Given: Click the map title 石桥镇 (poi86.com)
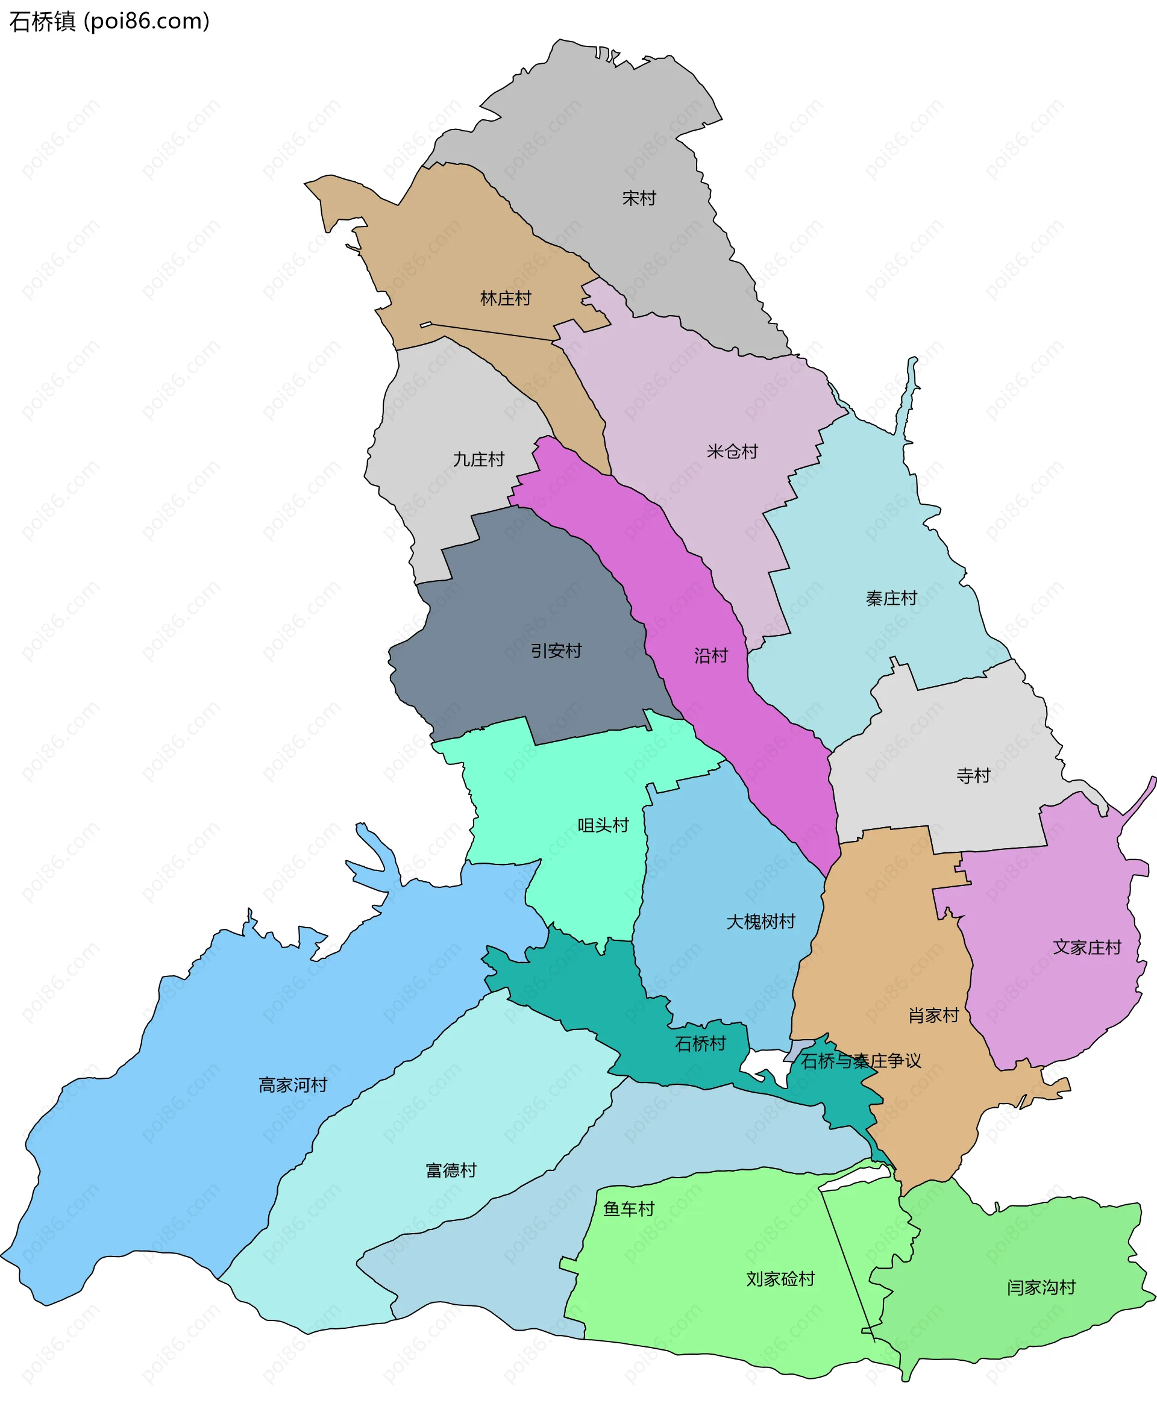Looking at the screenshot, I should coord(109,21).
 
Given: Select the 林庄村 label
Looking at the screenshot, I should coord(505,298).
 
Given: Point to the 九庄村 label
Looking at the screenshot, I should coord(478,459).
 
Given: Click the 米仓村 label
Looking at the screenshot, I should coord(732,452).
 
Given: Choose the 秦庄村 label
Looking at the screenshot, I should coord(891,598).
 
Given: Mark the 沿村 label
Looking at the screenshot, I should coord(710,655).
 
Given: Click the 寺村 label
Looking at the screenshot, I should coord(973,775).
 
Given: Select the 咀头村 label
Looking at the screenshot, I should coord(603,825).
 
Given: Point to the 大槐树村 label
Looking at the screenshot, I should coord(760,922).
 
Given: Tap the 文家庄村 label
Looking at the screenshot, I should coord(1087,948).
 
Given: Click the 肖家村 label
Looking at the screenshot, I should coord(933,1015).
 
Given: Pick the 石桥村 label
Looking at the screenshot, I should coord(700,1043).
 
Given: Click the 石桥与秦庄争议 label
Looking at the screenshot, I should coord(861,1061).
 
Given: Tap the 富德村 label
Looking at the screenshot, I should coord(451,1170).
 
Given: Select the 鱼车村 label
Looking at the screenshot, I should coord(629,1208).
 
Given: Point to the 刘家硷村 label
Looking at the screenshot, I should coord(780,1279).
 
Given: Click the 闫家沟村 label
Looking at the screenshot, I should coord(1041,1287).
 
